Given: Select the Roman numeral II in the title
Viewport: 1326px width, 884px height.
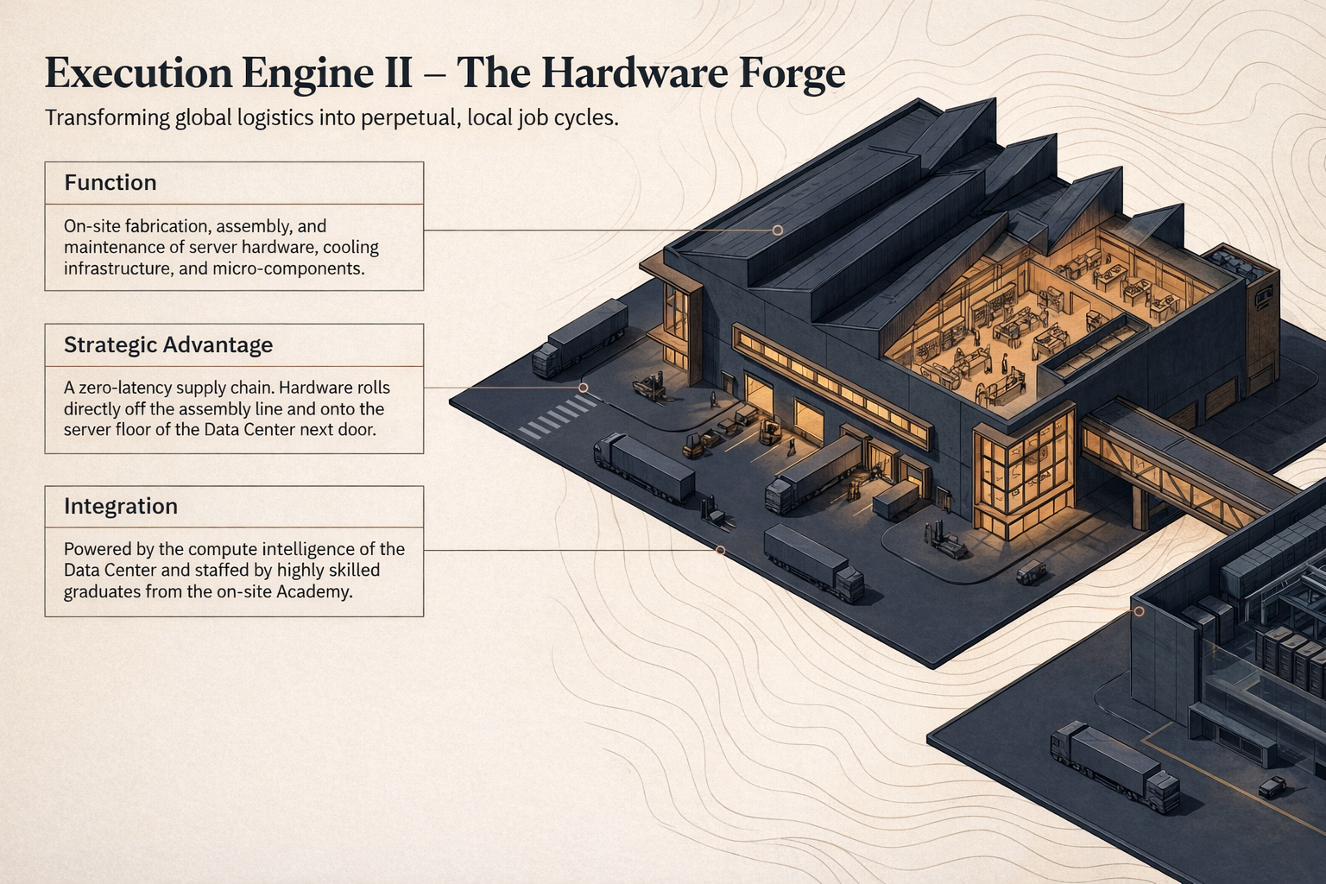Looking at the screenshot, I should point(396,73).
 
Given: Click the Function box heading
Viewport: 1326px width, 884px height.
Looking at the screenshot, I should point(110,183).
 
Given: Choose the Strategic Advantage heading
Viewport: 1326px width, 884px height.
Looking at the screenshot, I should point(168,345).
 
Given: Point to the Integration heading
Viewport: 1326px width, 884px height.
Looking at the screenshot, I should point(121,507).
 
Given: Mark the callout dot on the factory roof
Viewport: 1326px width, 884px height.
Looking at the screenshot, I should point(777,230).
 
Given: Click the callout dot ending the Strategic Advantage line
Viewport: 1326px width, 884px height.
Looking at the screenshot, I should point(584,388).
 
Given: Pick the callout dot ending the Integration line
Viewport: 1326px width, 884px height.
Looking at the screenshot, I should point(720,550).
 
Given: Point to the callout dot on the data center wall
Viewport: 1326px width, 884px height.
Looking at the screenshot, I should point(1139,611).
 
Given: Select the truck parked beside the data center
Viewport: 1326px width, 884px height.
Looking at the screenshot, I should point(1114,766).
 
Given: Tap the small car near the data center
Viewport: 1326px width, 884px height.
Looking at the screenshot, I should point(1272,786).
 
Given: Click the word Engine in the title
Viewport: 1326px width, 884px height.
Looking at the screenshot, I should point(292,74).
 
